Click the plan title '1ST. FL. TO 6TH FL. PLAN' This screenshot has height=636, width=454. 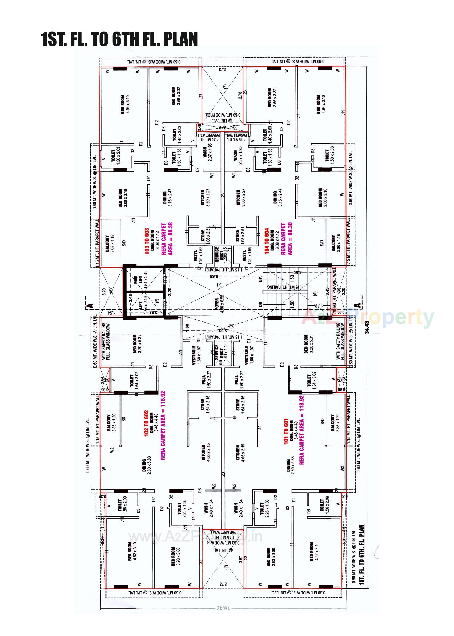(x=120, y=39)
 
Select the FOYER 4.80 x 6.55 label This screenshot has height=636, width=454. (x=219, y=304)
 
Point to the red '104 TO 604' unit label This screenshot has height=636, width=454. (x=267, y=241)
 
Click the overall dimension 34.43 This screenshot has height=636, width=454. (x=367, y=327)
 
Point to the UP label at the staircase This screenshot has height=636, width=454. (x=260, y=279)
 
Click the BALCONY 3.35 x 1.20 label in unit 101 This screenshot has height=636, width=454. (x=335, y=423)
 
